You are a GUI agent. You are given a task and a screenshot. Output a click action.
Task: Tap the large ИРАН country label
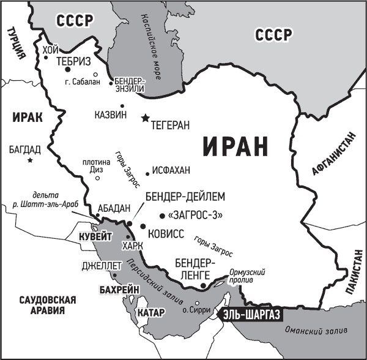235,148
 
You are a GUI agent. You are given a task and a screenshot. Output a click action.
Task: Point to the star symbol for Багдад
30,160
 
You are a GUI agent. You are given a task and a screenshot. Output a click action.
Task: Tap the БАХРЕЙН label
119,289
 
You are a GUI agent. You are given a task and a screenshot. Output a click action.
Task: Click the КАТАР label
151,313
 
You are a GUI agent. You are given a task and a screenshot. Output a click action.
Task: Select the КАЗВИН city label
111,114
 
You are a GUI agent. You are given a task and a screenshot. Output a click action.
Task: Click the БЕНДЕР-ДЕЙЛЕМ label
186,197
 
